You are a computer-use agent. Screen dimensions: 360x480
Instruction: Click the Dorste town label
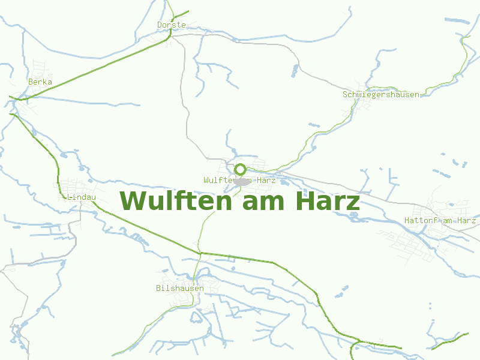(x=171, y=25)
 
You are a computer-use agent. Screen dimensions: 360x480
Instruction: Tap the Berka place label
(x=40, y=82)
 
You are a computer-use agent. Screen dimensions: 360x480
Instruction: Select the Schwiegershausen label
(x=381, y=95)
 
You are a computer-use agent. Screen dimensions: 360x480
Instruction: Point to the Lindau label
(x=82, y=197)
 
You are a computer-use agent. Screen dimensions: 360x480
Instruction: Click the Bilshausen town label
(x=179, y=289)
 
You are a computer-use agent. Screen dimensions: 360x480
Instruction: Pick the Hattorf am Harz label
(x=440, y=221)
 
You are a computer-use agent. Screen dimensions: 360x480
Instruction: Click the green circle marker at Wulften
(x=241, y=169)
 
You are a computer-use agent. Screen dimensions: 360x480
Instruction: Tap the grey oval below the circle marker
(x=241, y=181)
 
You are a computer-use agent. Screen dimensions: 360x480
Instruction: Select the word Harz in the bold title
(x=328, y=201)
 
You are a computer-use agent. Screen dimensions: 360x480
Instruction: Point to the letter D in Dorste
(x=160, y=25)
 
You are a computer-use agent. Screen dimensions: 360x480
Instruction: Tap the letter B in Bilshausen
(x=158, y=289)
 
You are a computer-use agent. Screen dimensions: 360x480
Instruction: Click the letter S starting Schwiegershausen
(x=345, y=95)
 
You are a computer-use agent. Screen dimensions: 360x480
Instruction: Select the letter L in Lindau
(x=70, y=197)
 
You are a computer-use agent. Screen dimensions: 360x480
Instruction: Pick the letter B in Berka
(x=31, y=82)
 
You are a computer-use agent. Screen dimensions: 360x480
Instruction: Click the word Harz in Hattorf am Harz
(x=466, y=221)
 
